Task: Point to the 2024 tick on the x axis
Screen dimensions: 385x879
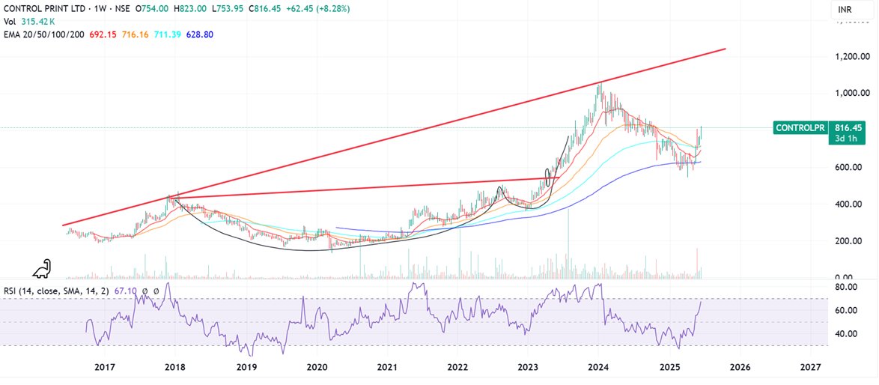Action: coord(597,367)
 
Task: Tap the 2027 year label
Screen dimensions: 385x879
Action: coord(810,367)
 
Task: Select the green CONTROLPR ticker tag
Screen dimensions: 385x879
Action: coord(799,128)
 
